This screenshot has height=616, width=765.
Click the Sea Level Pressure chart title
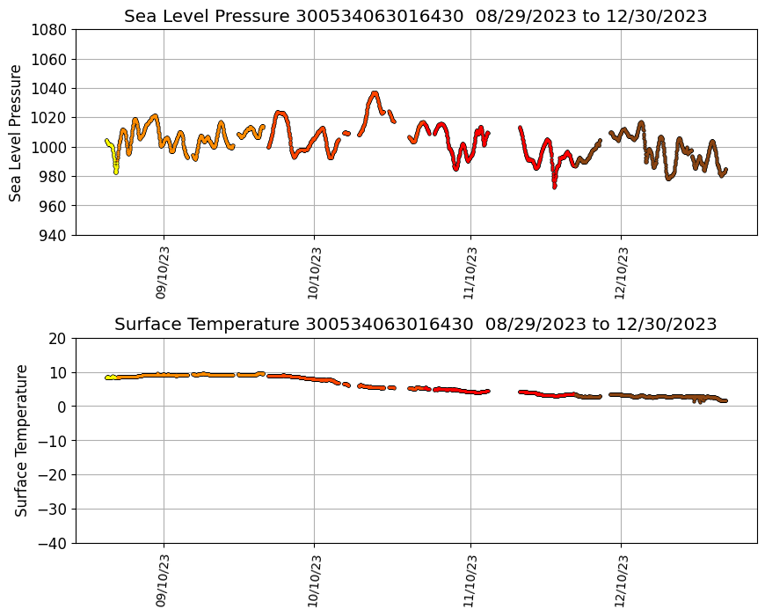[415, 16]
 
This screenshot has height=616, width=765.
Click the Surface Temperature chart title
[415, 324]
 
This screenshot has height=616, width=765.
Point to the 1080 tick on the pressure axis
[49, 30]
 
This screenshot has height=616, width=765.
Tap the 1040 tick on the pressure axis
[49, 88]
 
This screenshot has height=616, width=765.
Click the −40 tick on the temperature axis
[54, 543]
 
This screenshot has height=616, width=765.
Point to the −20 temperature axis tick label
[54, 475]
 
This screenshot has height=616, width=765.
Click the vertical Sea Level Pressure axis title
[16, 132]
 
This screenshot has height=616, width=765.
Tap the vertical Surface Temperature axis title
[21, 440]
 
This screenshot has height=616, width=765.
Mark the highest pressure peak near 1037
[375, 92]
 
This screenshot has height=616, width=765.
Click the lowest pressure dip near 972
[554, 187]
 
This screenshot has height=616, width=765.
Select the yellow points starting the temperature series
[110, 378]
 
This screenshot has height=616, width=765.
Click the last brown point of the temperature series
[725, 400]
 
